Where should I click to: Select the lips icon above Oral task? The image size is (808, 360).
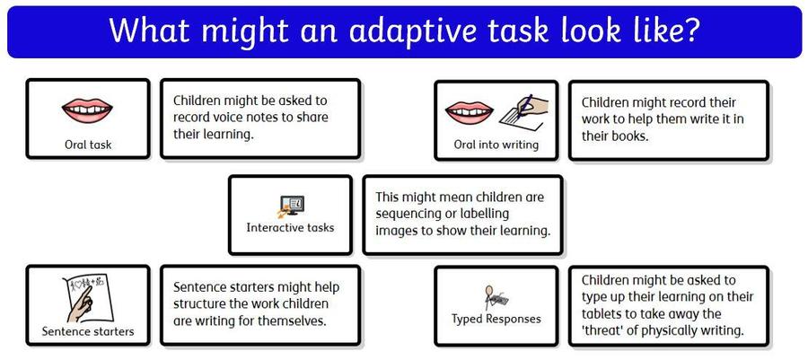pyautogui.click(x=87, y=110)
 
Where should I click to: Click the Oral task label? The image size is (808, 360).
pyautogui.click(x=88, y=145)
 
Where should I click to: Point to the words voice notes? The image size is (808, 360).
pyautogui.click(x=250, y=117)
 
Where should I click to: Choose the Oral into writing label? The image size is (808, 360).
pyautogui.click(x=496, y=145)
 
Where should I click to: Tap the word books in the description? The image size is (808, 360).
pyautogui.click(x=628, y=136)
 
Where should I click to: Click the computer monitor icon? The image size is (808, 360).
pyautogui.click(x=291, y=206)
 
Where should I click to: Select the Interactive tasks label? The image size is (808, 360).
pyautogui.click(x=290, y=228)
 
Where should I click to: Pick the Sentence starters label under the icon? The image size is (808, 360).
pyautogui.click(x=88, y=331)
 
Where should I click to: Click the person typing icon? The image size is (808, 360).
pyautogui.click(x=496, y=297)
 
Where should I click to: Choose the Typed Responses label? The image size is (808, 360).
pyautogui.click(x=496, y=319)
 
